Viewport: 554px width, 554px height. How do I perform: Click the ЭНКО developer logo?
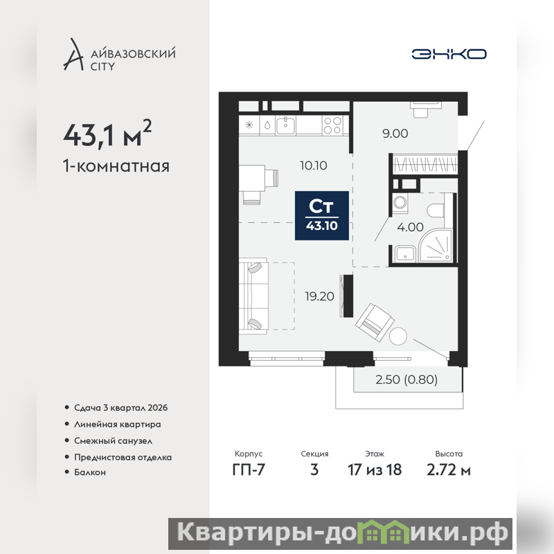click(449, 54)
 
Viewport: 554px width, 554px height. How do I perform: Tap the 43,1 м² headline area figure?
click(107, 134)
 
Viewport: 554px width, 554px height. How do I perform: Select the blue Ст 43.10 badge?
click(322, 215)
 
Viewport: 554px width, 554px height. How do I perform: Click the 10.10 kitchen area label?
click(314, 166)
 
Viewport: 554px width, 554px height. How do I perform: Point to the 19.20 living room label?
click(319, 296)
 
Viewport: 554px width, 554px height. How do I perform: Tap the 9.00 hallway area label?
click(395, 133)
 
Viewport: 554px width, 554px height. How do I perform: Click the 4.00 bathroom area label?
click(410, 227)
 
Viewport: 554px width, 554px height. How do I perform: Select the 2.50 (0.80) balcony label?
click(406, 379)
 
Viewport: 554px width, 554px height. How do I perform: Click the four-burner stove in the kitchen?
click(332, 125)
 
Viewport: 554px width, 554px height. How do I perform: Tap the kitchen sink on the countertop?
click(285, 125)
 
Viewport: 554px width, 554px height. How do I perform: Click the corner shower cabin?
click(436, 246)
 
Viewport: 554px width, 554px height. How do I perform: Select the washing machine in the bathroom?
click(400, 203)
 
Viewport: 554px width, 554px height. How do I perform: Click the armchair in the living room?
click(375, 322)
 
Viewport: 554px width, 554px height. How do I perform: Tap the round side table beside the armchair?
click(397, 337)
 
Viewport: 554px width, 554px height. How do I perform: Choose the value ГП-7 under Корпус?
click(249, 470)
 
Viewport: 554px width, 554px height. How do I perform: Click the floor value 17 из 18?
click(375, 470)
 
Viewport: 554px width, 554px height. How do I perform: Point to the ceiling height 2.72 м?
click(448, 470)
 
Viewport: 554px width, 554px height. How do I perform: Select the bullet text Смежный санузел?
click(113, 440)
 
